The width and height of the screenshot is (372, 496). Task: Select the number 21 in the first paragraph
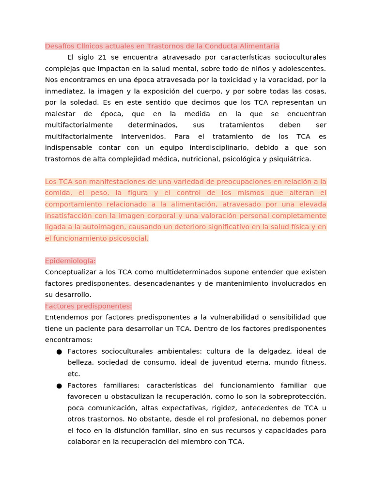[x=102, y=57]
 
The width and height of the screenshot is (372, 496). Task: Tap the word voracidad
[x=284, y=80]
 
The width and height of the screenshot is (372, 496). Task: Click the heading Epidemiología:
[x=70, y=261]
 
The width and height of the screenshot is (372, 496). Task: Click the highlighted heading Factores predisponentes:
[x=88, y=306]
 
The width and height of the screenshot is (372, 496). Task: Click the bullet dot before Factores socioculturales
[x=59, y=352]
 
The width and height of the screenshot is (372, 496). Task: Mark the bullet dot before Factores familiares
[x=59, y=386]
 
